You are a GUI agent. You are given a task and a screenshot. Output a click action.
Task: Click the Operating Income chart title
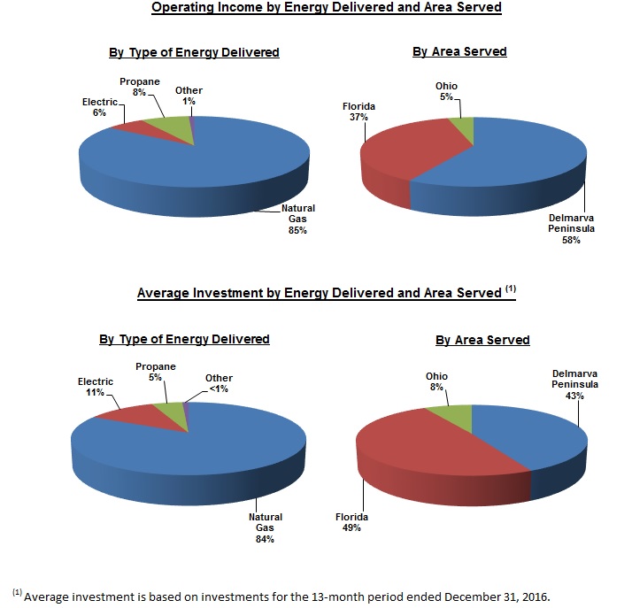[x=327, y=8]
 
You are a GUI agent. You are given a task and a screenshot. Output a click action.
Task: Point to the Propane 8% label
[x=139, y=87]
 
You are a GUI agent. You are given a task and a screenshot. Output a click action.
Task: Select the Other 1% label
[x=189, y=95]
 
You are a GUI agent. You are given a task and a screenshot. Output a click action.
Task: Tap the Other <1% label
[x=219, y=383]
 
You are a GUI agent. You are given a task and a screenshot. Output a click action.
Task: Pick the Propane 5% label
[x=155, y=372]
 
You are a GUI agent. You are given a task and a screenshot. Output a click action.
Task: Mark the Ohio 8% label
[x=436, y=381]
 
